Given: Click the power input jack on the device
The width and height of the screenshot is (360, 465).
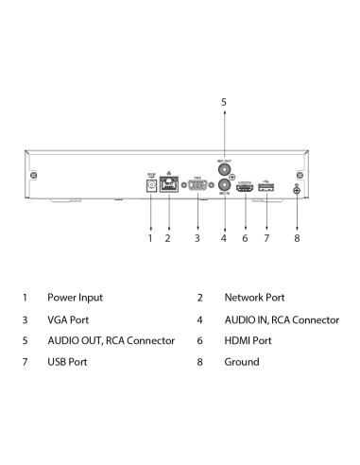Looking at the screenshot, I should click(x=150, y=185).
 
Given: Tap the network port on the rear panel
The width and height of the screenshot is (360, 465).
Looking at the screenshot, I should click(x=167, y=186).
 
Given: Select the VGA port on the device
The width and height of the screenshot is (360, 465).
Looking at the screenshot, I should click(x=197, y=187).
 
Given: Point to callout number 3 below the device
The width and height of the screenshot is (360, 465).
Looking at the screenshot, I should click(x=197, y=238).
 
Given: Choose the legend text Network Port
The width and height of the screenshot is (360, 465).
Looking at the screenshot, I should click(x=253, y=297).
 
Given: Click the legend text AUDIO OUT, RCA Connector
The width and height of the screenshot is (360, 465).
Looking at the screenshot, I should click(x=111, y=340).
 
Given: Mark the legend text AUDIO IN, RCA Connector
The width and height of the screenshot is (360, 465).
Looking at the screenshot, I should click(x=281, y=319).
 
